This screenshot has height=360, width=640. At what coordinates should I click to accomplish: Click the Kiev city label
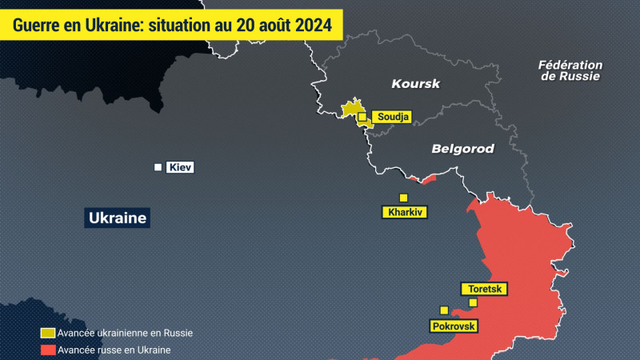pos(180,167)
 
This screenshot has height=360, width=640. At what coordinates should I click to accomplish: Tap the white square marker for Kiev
pos(158,167)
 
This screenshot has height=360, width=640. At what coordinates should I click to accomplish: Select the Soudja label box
pos(392,118)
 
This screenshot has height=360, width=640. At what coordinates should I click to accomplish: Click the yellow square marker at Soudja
pos(362,117)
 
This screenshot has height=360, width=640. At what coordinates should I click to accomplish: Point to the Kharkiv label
pos(405,213)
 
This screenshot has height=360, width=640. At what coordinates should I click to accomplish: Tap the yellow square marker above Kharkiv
pos(403,198)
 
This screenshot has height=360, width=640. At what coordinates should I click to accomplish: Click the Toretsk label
pos(485,290)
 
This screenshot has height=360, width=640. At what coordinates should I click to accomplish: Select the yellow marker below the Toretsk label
pos(473,302)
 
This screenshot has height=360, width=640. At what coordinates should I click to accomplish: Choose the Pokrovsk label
pos(454,326)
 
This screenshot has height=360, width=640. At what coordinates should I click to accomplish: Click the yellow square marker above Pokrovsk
pos(443,310)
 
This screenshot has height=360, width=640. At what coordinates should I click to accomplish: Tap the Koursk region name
pos(416,83)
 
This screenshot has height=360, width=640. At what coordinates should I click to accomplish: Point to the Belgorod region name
pos(462,149)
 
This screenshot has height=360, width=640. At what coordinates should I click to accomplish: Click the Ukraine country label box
pos(118,218)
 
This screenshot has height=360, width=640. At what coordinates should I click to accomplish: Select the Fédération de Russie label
pos(570,70)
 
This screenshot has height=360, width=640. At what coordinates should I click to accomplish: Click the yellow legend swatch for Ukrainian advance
pos(48,333)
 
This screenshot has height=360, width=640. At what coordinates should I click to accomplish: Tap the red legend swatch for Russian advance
pos(48,350)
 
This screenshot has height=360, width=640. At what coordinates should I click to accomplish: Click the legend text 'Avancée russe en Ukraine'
pos(114,350)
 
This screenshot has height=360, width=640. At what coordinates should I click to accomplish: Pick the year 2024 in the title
pos(314,24)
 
